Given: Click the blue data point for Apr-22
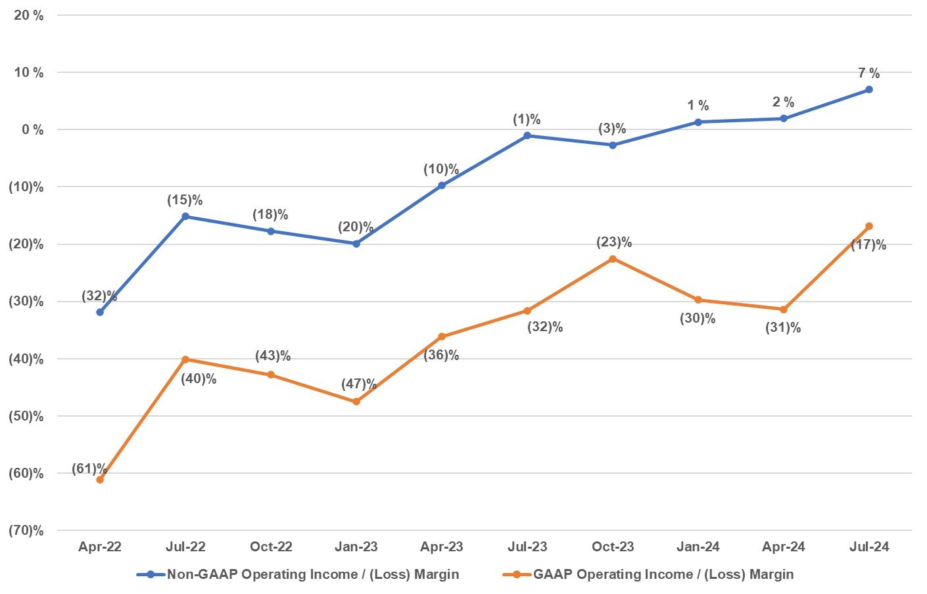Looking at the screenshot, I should pos(100,312).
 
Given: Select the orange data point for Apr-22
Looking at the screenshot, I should pos(100,480).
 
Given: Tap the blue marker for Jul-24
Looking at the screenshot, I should pos(869,89).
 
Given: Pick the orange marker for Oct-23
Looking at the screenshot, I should pos(613,259).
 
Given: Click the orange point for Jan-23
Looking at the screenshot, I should pos(356,401).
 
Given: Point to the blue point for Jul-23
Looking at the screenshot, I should pos(527,135).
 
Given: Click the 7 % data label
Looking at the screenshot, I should pos(868,73).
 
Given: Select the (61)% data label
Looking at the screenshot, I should pos(89,468).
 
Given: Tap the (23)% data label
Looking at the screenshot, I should pos(614,242).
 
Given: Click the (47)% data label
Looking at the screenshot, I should pos(359,384).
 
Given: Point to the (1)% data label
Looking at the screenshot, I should pos(527,119).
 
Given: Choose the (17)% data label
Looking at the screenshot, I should pos(868,245).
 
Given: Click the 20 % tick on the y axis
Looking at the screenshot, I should pos(28,15).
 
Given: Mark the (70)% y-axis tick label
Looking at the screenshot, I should pos(26,530).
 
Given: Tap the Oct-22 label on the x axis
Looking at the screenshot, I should pos(271,547).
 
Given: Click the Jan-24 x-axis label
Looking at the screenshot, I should pos(698,547).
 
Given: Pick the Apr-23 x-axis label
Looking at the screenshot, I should pos(442,547).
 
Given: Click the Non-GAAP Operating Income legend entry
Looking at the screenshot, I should pos(313,574).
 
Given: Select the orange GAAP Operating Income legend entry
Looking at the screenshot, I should pos(663,574).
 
